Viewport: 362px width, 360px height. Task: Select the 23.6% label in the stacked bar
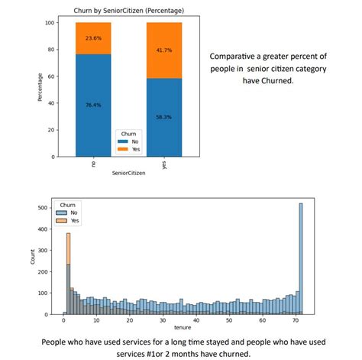tap(92, 38)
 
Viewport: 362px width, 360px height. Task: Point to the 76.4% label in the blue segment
tap(92, 105)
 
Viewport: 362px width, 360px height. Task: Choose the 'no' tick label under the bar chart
tap(92, 164)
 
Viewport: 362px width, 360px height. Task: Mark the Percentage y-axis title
tap(40, 89)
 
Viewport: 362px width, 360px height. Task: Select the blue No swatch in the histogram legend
tap(60, 213)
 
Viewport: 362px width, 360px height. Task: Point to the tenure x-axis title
tap(182, 326)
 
